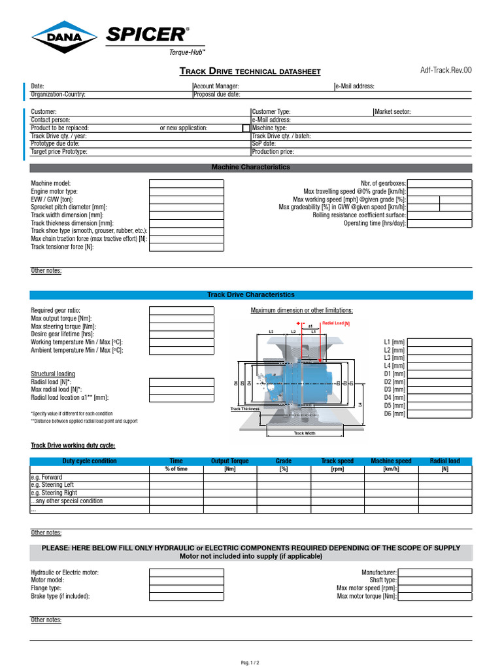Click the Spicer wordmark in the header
(x=148, y=35)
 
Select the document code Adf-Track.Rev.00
(x=445, y=71)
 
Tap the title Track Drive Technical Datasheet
(x=250, y=71)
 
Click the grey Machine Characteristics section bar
(x=250, y=167)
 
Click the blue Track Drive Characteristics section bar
(x=250, y=295)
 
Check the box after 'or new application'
(x=246, y=128)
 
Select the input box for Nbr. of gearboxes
(x=439, y=184)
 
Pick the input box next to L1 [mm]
(x=439, y=342)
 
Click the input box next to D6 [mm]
(x=439, y=414)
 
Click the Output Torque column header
(x=229, y=461)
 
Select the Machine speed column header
(x=391, y=461)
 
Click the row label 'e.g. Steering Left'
(x=54, y=485)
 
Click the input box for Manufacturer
(x=435, y=573)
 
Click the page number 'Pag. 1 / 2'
(x=250, y=663)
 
